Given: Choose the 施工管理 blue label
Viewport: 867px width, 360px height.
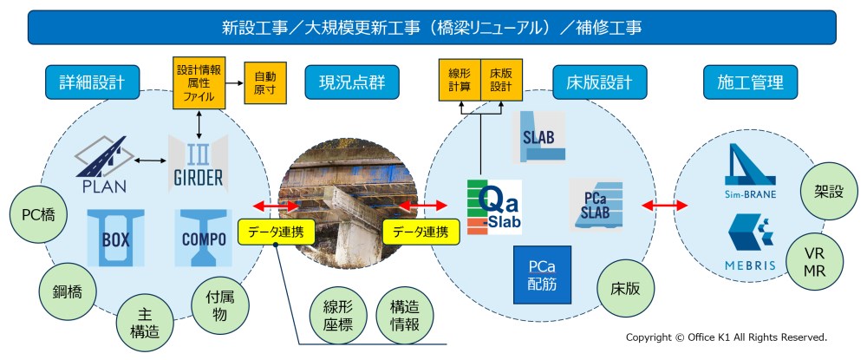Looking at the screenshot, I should click(x=751, y=83).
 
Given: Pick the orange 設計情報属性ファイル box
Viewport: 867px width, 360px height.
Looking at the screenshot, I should click(x=200, y=80).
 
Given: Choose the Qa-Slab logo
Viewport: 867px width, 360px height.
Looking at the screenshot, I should click(x=492, y=207).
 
